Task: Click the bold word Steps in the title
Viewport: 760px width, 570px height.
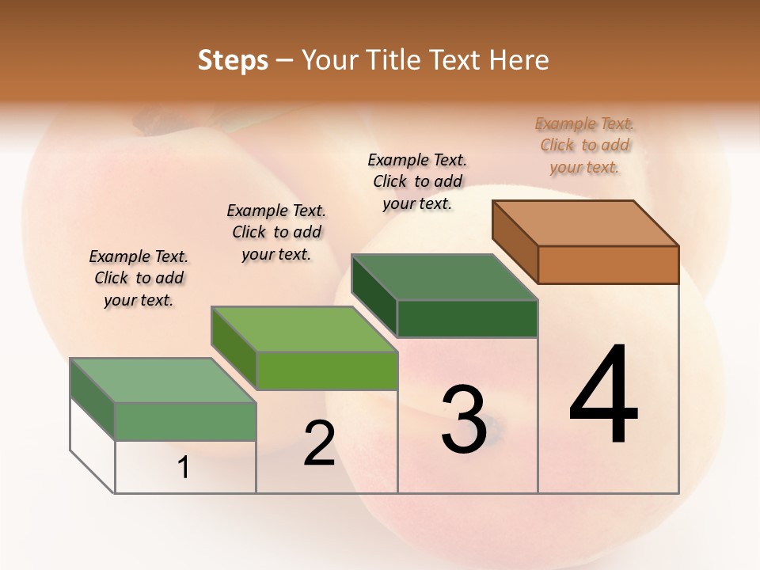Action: click(x=233, y=60)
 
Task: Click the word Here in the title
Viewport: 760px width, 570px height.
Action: click(x=519, y=60)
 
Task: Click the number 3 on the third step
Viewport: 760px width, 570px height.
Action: click(x=464, y=419)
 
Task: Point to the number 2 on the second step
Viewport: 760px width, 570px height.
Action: click(x=319, y=443)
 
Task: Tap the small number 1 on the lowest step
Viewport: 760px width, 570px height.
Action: click(x=184, y=467)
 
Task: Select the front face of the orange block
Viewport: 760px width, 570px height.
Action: click(x=608, y=264)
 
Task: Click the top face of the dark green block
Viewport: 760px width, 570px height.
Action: click(x=445, y=277)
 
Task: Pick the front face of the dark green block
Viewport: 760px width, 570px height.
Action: click(x=467, y=318)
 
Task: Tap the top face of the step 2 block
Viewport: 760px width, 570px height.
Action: click(x=304, y=329)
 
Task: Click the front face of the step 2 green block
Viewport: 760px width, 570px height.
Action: click(x=326, y=370)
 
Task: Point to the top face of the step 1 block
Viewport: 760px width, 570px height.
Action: click(x=163, y=380)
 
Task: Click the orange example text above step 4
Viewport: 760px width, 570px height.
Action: click(x=584, y=145)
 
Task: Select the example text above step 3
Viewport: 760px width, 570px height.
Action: click(x=417, y=181)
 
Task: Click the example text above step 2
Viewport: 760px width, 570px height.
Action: click(x=276, y=232)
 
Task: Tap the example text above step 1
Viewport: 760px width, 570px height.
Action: click(x=139, y=278)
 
